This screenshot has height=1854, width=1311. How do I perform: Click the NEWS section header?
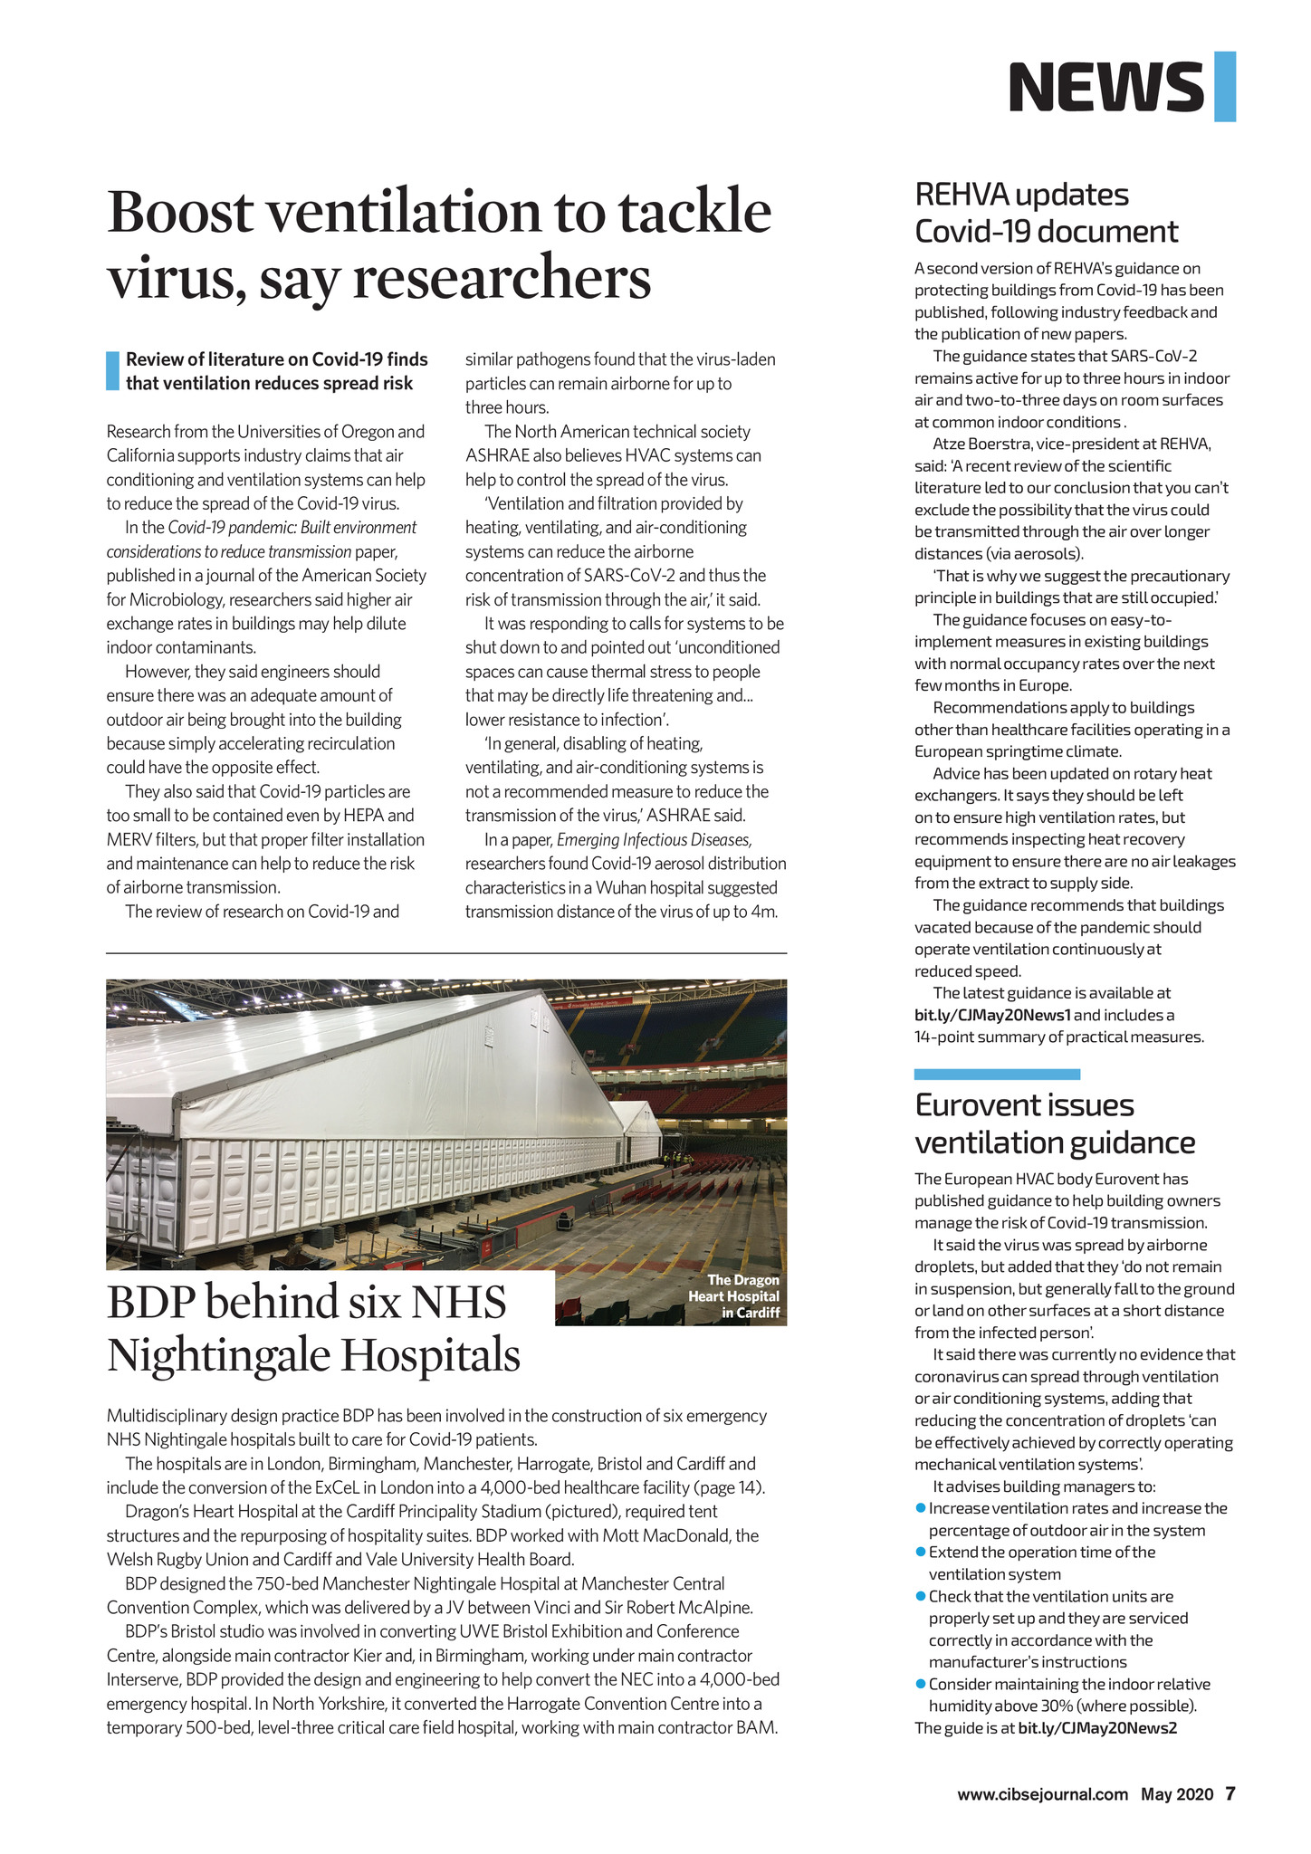coord(1105,87)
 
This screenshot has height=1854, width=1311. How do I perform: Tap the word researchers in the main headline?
coord(501,278)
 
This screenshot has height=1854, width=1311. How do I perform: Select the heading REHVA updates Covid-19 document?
coord(1047,213)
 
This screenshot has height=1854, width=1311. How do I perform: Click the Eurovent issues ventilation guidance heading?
coord(1055,1123)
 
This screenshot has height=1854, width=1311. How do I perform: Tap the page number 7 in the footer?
coord(1230,1793)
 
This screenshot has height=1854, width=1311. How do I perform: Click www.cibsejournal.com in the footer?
coord(1043,1794)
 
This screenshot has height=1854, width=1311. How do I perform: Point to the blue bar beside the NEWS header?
coord(1225,87)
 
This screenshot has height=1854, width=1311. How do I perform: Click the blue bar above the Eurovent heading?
coord(997,1075)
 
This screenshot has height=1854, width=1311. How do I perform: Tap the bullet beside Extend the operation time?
coord(921,1553)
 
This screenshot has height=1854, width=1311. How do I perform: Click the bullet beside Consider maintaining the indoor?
coord(921,1684)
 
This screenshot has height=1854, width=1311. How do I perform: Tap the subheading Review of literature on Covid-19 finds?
coord(276,359)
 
